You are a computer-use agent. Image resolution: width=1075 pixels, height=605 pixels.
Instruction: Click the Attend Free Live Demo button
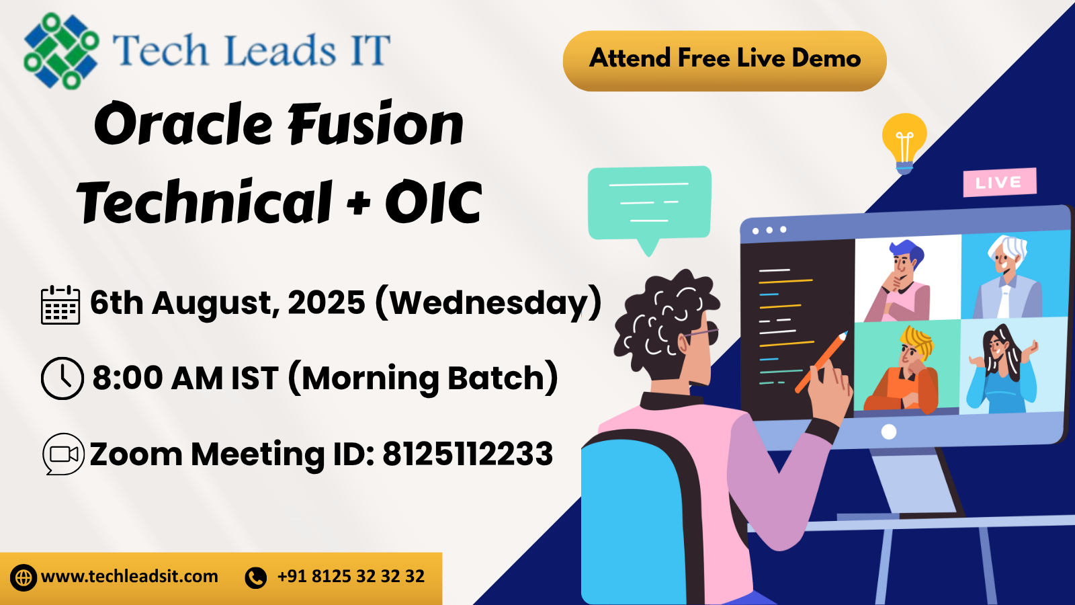[724, 60]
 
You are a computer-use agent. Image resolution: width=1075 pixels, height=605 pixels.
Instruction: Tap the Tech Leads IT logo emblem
[60, 51]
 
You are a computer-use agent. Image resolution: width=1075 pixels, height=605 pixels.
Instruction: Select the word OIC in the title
[433, 202]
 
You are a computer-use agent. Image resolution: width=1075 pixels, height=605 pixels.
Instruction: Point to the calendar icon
[60, 305]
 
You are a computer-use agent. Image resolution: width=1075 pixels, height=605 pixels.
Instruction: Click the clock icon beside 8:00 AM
[62, 378]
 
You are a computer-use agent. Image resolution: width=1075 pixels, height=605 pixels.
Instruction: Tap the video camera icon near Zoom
[64, 454]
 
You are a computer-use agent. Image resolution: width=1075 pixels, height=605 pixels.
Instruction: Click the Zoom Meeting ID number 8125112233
[468, 454]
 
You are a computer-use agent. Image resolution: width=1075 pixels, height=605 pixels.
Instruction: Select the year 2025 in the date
[327, 303]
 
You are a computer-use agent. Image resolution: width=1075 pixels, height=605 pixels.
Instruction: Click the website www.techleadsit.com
[130, 577]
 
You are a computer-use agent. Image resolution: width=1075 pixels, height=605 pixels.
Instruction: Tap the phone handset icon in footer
[256, 577]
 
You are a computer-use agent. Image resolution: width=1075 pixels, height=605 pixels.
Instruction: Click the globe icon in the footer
[24, 577]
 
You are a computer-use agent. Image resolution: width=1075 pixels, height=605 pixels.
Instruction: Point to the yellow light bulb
[904, 140]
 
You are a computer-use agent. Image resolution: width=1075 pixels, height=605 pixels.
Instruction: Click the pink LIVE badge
[999, 182]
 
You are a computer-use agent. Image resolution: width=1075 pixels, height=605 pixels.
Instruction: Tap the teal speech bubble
[649, 204]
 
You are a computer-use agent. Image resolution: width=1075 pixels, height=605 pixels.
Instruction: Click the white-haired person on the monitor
[1008, 276]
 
